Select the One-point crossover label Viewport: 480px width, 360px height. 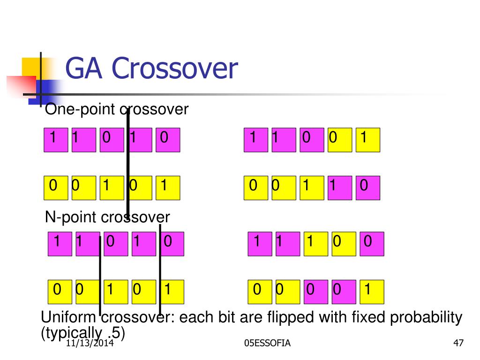[x=116, y=110]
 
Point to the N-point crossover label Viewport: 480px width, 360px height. [x=107, y=217]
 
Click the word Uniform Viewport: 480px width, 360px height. [x=69, y=318]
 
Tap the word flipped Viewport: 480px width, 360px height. [x=291, y=318]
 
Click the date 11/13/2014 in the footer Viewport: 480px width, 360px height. [x=91, y=344]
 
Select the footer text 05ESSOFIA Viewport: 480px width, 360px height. [x=267, y=344]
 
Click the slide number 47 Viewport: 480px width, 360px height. [x=458, y=344]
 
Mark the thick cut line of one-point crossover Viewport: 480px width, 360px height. [x=127, y=164]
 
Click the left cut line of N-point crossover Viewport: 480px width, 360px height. [x=100, y=277]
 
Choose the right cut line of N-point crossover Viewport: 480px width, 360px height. [x=160, y=270]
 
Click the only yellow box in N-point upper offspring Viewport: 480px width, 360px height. [x=315, y=244]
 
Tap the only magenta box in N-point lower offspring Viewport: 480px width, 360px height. [x=315, y=292]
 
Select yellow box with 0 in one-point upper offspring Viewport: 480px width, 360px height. [x=340, y=140]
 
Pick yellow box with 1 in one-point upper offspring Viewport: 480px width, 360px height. [x=367, y=140]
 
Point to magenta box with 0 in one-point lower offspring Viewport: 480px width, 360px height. [x=367, y=188]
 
